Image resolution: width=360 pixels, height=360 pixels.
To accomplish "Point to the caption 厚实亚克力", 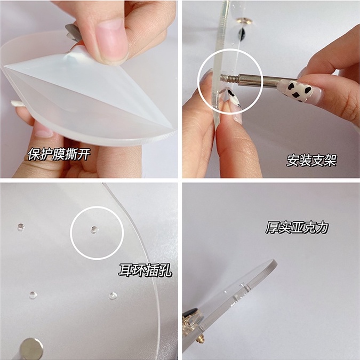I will coord(297,228).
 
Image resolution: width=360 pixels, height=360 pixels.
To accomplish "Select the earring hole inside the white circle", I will coord(94,229).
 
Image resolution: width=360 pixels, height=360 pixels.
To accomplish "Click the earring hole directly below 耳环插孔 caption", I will coord(113,295).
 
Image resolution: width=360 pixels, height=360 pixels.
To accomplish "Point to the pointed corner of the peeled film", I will coord(5,66).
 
